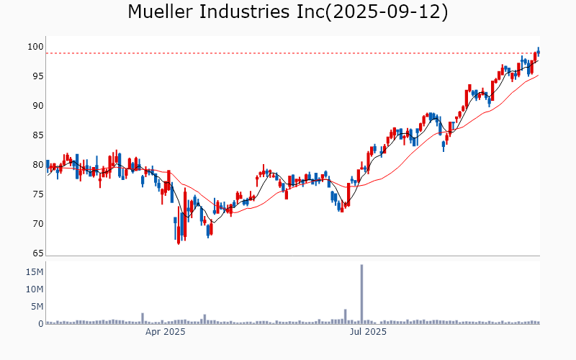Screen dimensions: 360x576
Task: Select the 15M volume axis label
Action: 35,272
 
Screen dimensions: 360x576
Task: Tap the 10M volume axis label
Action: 35,289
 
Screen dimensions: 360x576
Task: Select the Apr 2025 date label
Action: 166,332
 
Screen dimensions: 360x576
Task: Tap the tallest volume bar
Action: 361,294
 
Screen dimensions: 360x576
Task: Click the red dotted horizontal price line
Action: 288,53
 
